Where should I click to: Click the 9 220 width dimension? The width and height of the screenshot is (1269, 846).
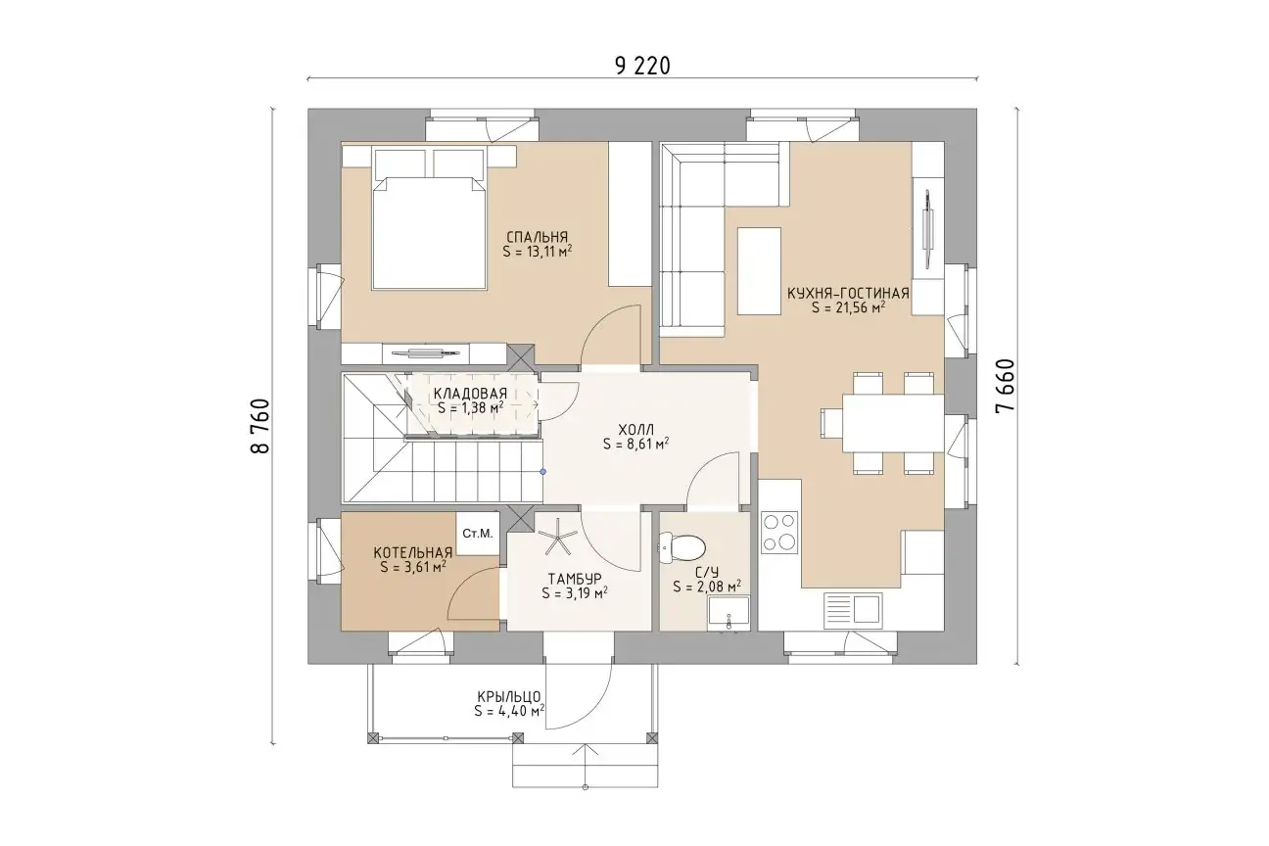[642, 67]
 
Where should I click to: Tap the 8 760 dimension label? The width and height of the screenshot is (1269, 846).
[260, 426]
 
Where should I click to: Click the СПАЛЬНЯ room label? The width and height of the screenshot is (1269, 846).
[537, 237]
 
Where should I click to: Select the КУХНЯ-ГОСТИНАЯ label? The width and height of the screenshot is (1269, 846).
[848, 294]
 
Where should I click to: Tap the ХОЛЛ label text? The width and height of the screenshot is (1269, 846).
[635, 430]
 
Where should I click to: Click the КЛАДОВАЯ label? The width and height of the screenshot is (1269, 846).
[470, 394]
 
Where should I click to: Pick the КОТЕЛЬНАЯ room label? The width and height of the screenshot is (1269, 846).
[413, 552]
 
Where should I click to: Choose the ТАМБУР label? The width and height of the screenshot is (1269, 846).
[575, 579]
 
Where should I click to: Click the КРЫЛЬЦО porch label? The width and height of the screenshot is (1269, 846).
[509, 696]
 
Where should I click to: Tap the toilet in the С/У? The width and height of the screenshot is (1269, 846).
[681, 547]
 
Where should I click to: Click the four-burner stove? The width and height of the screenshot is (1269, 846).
[779, 533]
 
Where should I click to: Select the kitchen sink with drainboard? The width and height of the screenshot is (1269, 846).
[853, 611]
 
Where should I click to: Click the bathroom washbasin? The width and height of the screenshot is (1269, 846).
[728, 613]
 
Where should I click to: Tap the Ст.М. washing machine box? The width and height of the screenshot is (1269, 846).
[478, 534]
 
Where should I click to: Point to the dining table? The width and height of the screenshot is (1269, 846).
[893, 423]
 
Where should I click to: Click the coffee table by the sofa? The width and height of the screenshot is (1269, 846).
[759, 271]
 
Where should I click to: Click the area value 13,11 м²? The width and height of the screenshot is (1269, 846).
[537, 252]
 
